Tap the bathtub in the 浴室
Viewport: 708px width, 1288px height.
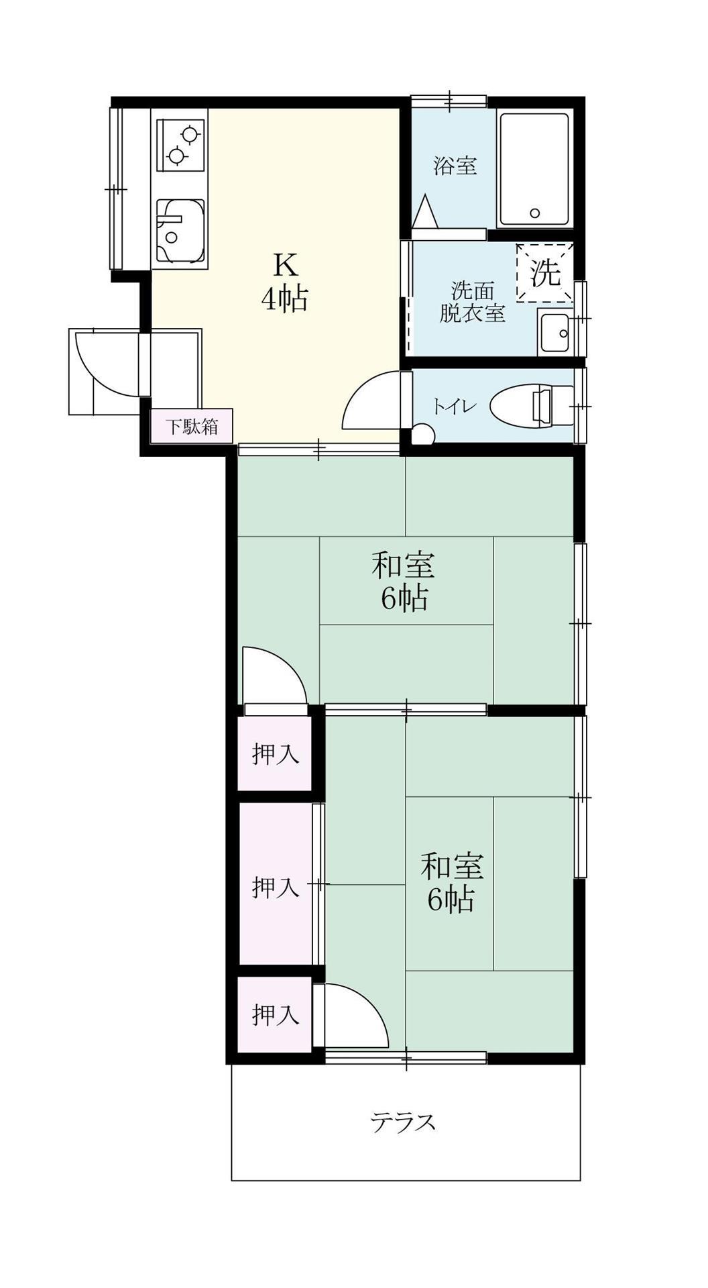pyautogui.click(x=534, y=170)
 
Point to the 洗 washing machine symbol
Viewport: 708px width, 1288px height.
pyautogui.click(x=545, y=272)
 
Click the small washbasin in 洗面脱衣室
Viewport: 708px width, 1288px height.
pyautogui.click(x=554, y=333)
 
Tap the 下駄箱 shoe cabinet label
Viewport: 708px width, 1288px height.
pyautogui.click(x=192, y=426)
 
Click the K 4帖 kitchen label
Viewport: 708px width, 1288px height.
pyautogui.click(x=284, y=282)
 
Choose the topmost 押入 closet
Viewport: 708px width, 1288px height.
pyautogui.click(x=275, y=754)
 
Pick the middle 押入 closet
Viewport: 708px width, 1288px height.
pyautogui.click(x=275, y=887)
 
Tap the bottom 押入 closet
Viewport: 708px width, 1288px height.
pyautogui.click(x=275, y=1014)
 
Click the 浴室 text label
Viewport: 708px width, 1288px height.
pyautogui.click(x=455, y=165)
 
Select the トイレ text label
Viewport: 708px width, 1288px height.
pyautogui.click(x=454, y=407)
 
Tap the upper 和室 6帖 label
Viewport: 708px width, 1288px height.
pyautogui.click(x=404, y=581)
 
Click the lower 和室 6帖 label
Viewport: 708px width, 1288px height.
pyautogui.click(x=452, y=881)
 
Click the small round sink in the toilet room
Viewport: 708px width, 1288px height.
pyautogui.click(x=422, y=435)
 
